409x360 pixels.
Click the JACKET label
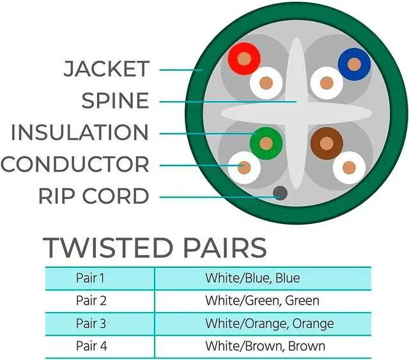click(x=106, y=69)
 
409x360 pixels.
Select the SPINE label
click(x=115, y=101)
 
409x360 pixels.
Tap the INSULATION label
click(x=80, y=133)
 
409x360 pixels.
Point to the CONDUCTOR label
click(x=75, y=164)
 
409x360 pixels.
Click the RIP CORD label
click(x=94, y=196)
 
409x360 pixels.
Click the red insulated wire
click(x=243, y=59)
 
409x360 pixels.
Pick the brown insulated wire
click(x=326, y=144)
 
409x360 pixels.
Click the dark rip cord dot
click(x=279, y=193)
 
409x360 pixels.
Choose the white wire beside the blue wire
click(x=326, y=82)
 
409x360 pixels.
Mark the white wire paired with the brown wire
click(x=349, y=167)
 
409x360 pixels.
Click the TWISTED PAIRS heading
click(x=154, y=248)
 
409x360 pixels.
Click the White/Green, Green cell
click(x=262, y=301)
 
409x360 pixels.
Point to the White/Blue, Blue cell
click(x=252, y=278)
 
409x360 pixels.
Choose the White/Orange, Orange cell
click(x=269, y=324)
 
